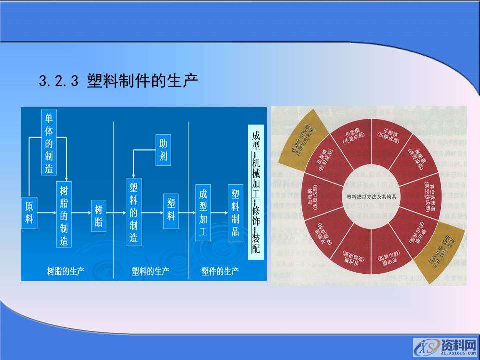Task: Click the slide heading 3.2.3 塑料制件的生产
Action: tap(118, 80)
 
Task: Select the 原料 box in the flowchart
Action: tap(29, 212)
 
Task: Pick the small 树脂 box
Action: tap(98, 216)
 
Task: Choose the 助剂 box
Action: tap(163, 150)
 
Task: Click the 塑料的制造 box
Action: tap(133, 212)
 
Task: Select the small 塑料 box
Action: tap(171, 210)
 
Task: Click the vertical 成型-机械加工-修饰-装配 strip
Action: tap(256, 192)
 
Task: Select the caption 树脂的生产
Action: tap(65, 271)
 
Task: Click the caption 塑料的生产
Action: tap(150, 271)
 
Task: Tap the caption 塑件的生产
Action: tap(220, 271)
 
